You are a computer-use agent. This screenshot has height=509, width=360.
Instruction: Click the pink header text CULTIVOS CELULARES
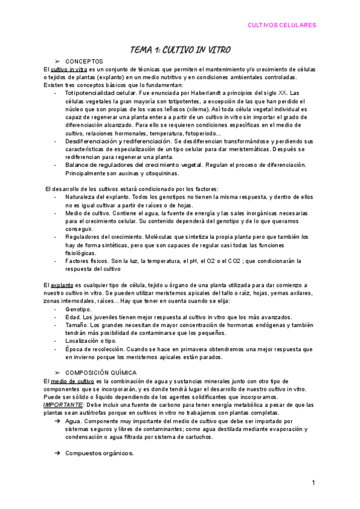tap(282, 25)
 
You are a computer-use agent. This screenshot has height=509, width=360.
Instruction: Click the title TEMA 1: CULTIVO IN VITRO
tap(180, 49)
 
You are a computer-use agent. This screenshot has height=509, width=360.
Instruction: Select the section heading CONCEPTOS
tap(84, 61)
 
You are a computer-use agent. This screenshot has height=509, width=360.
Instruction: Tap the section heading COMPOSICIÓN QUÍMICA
tap(101, 373)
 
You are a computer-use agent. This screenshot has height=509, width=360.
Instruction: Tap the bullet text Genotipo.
tap(79, 309)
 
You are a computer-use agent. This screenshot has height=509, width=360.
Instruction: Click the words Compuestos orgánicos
tap(100, 453)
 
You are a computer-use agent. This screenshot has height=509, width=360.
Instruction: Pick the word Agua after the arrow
tap(73, 421)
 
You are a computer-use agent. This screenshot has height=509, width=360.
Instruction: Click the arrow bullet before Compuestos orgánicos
tap(57, 453)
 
